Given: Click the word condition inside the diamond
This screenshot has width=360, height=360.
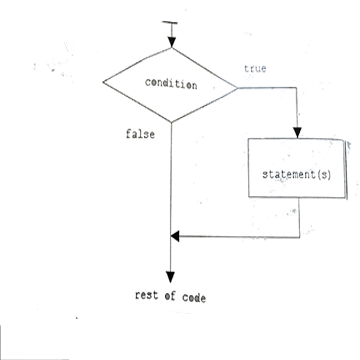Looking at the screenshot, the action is (x=171, y=85).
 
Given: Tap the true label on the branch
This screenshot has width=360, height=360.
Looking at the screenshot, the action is (x=255, y=68).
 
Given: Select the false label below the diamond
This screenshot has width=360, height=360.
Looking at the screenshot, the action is (x=139, y=134).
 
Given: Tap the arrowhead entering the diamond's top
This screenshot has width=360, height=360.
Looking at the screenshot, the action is (x=172, y=43).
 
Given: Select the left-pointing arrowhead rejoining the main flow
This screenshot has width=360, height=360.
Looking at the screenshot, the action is (x=177, y=237).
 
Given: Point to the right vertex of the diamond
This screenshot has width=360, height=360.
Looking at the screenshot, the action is (x=237, y=88).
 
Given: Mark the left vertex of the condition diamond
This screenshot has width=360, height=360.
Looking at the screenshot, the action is (x=106, y=86).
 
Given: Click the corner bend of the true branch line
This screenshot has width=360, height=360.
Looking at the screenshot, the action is (x=296, y=89).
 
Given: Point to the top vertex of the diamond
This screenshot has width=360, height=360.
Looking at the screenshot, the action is (x=172, y=49).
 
